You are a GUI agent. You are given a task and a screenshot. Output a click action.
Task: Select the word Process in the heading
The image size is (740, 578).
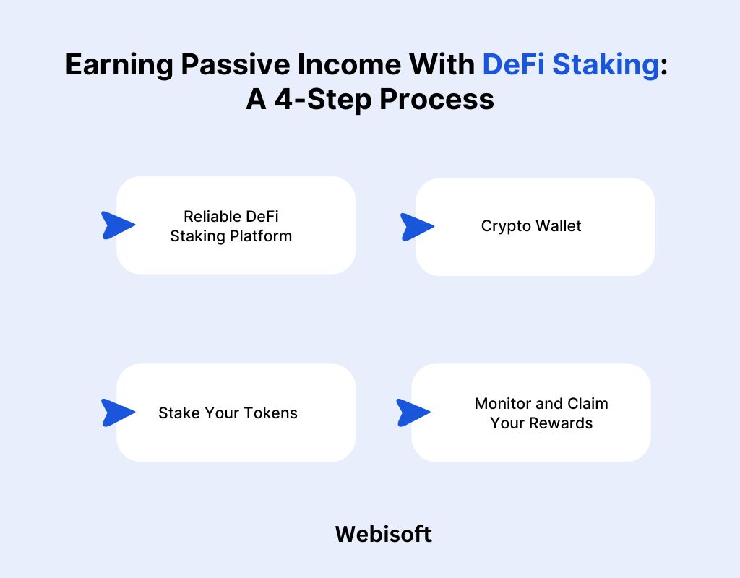coord(437,99)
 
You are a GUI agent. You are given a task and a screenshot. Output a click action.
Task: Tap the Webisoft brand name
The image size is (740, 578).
coord(384,535)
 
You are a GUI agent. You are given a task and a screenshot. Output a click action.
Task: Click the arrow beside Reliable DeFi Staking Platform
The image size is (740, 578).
coord(116,225)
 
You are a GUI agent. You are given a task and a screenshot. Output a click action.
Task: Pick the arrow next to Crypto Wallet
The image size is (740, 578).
coord(416,226)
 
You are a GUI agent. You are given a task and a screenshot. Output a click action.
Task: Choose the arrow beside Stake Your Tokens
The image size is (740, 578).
coord(116,413)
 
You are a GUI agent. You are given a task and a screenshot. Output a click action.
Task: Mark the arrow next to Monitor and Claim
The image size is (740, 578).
coord(411,413)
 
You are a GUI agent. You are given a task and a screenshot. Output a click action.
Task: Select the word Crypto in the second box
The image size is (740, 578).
coord(504,226)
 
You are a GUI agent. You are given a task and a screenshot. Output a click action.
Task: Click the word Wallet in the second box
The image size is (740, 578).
coord(556,226)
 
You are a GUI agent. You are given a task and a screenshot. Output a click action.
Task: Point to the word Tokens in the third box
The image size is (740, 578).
coord(270,413)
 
